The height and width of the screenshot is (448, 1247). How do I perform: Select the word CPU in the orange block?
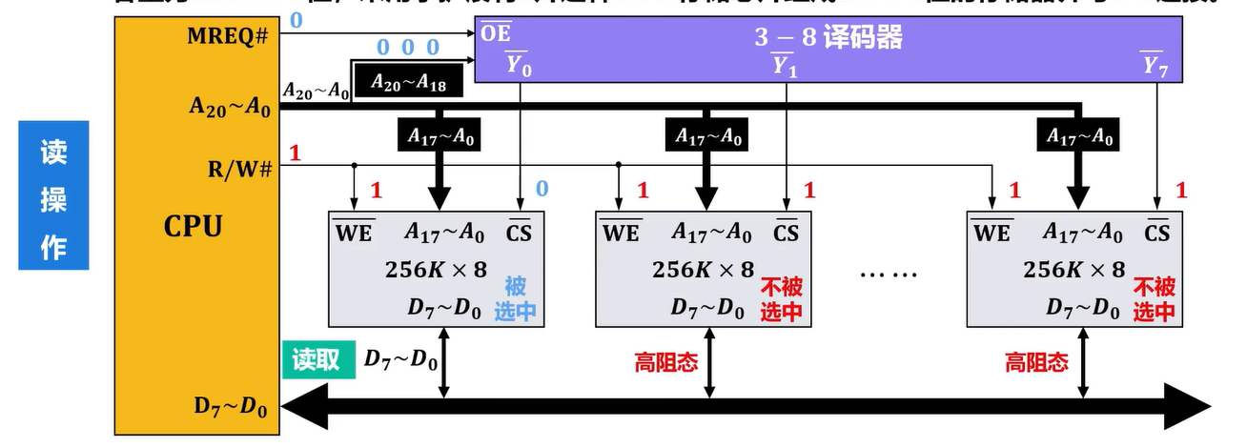pos(194,227)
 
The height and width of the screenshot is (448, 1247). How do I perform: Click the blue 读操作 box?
pos(53,194)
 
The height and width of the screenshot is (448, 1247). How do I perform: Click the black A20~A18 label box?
pos(406,83)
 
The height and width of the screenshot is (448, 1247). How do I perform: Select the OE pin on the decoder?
pos(495,35)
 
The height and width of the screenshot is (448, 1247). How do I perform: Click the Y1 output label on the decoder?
pos(785,66)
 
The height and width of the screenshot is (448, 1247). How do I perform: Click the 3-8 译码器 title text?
pos(828,38)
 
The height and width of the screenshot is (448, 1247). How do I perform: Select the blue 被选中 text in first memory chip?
pos(514,298)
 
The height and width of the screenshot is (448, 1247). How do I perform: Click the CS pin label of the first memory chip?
pos(520,231)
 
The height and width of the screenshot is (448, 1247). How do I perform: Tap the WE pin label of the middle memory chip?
pos(621,231)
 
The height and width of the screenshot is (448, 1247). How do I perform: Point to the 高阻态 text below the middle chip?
pos(665,362)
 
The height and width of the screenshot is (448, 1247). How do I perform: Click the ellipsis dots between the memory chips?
pos(888,275)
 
